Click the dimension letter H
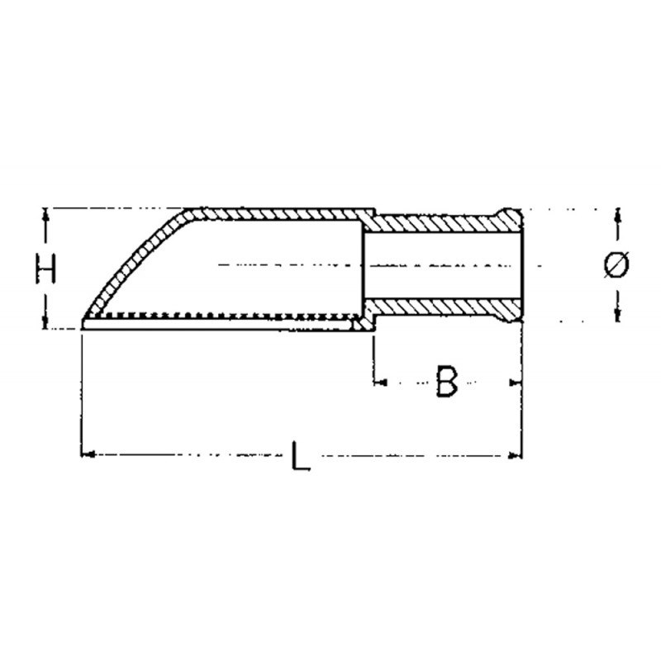tap(45, 269)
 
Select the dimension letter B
tap(446, 382)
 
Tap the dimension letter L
tap(301, 456)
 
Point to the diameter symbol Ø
tap(616, 264)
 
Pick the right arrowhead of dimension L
tap(515, 455)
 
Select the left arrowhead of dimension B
tap(380, 383)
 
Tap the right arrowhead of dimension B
tap(515, 383)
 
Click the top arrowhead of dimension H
tap(46, 216)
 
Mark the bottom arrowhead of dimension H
tap(45, 321)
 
